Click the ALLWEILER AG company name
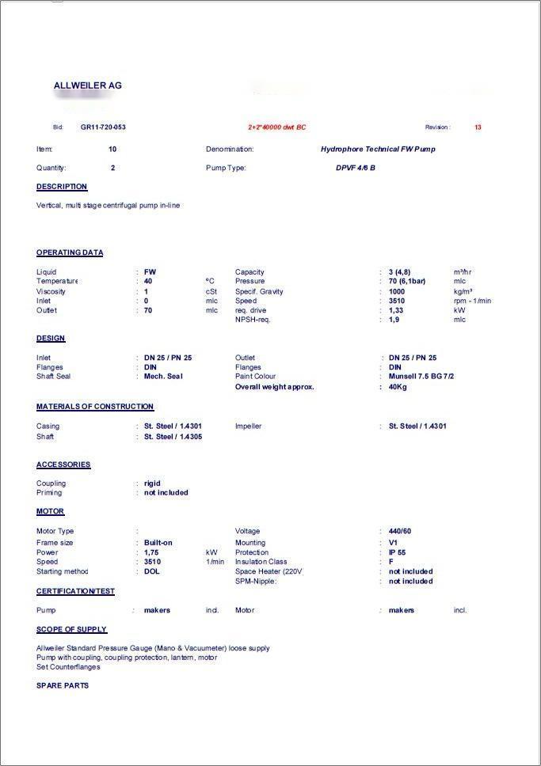[88, 85]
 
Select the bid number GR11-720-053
[103, 127]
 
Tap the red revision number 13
[478, 127]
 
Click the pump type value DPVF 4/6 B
[356, 168]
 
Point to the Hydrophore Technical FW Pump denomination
[378, 149]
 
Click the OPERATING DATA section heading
[70, 253]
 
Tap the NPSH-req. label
[253, 320]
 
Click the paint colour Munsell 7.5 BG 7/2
[421, 377]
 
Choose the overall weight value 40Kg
[398, 387]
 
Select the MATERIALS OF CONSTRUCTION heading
[95, 407]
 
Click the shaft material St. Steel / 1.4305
[173, 437]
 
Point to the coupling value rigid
[152, 483]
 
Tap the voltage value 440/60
[400, 531]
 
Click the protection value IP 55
[398, 552]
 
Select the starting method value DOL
[151, 571]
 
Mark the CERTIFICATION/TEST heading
[75, 591]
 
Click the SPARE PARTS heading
[63, 685]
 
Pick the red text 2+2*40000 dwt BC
[276, 127]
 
